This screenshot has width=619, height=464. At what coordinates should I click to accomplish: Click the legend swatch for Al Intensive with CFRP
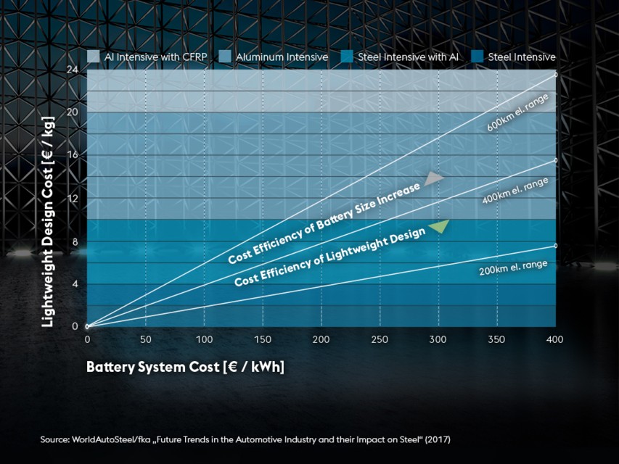pos(93,57)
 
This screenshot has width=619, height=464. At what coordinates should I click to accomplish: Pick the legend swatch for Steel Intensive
pos(476,57)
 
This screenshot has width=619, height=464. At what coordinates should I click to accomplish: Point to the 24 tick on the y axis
pos(73,70)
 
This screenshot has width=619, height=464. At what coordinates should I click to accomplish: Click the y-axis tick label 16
pos(73,155)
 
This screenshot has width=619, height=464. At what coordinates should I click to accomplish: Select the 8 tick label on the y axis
pos(75,241)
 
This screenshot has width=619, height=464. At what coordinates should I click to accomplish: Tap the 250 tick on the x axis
pos(380,339)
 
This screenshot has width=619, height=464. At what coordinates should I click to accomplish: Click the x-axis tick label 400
pos(554,339)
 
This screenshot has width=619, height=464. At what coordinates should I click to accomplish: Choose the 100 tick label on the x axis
pos(204,339)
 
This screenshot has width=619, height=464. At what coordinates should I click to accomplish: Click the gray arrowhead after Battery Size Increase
pos(434,178)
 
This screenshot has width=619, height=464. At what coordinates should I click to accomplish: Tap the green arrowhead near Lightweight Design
pos(439,226)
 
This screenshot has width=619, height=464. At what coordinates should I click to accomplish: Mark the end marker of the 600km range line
pos(556,75)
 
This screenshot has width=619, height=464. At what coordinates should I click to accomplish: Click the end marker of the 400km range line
pos(556,160)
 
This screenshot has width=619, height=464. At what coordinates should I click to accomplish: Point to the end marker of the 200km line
pos(556,246)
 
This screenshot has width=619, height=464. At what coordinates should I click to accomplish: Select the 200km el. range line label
pos(512,268)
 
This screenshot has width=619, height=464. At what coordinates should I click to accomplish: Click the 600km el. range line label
pos(517,112)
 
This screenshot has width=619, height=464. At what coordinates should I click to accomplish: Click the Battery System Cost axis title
pos(185,367)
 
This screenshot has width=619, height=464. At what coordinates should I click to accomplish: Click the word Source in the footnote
pos(54,440)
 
